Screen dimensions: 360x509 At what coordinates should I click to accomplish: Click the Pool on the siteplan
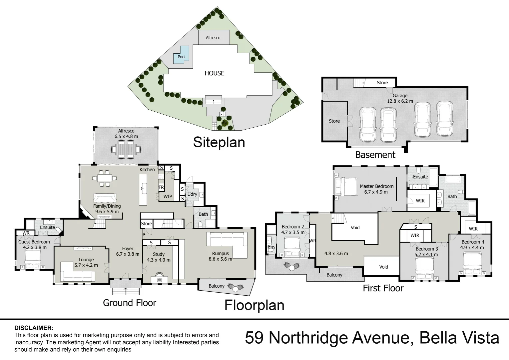[181, 57]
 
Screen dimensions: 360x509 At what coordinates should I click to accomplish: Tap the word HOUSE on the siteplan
[214, 73]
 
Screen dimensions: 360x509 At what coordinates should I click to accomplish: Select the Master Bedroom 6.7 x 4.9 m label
[376, 189]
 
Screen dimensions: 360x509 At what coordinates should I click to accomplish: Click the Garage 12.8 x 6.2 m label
[400, 98]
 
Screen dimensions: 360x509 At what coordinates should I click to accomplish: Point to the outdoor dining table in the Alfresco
[126, 149]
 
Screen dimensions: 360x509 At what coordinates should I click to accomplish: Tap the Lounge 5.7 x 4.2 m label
[86, 262]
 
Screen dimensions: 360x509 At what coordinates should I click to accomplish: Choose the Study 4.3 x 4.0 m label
[159, 257]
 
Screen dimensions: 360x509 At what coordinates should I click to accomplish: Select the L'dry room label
[192, 194]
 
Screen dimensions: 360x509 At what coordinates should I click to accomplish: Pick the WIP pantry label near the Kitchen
[168, 196]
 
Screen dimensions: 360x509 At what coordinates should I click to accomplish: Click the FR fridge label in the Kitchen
[161, 188]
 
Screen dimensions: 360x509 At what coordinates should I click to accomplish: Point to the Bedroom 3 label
[427, 252]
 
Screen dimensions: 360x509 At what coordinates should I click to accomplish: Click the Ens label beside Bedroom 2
[271, 247]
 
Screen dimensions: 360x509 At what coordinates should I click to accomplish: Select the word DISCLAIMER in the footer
[34, 328]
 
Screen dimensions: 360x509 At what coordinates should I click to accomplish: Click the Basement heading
[375, 155]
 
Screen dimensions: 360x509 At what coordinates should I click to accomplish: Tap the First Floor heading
[383, 288]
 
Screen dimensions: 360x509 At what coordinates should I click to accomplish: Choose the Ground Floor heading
[129, 303]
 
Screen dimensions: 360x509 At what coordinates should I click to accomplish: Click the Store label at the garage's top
[382, 83]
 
